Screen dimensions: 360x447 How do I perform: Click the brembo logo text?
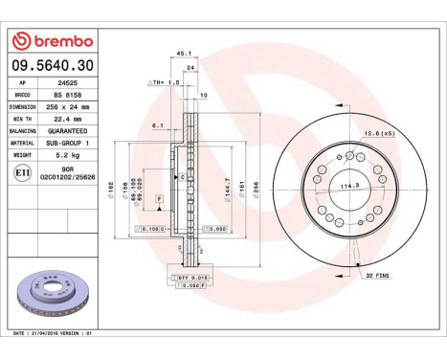pyautogui.click(x=57, y=41)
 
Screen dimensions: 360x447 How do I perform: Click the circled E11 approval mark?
pyautogui.click(x=23, y=172)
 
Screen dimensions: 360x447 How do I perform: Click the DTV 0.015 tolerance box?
pyautogui.click(x=193, y=276)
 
